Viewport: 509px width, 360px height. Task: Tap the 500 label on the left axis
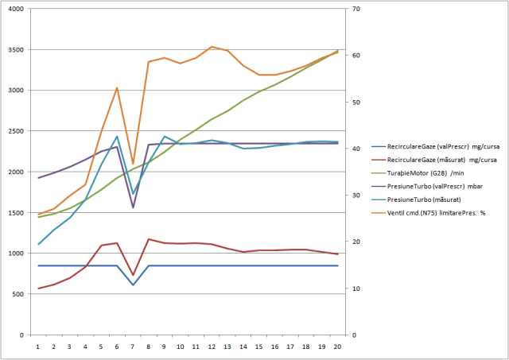pos(19,294)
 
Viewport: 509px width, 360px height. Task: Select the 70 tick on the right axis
pos(352,10)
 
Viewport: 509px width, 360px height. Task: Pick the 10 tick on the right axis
pos(352,288)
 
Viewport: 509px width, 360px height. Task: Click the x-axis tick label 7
pos(133,346)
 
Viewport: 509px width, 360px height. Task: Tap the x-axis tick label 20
pos(337,346)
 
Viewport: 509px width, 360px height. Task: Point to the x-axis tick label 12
pos(212,346)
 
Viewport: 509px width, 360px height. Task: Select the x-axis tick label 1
pos(38,346)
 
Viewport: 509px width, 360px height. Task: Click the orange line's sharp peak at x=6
pos(117,87)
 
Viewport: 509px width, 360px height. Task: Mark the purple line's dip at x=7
pos(133,207)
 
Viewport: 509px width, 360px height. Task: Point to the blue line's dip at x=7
pos(133,285)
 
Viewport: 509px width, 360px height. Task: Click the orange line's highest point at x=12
pos(212,47)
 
